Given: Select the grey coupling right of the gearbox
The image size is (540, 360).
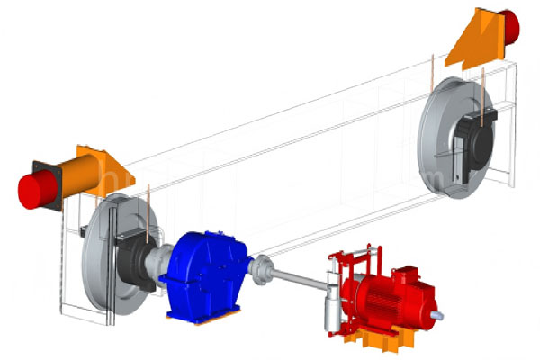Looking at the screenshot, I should (x=262, y=267).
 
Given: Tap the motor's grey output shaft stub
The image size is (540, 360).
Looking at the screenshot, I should (x=440, y=315).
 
